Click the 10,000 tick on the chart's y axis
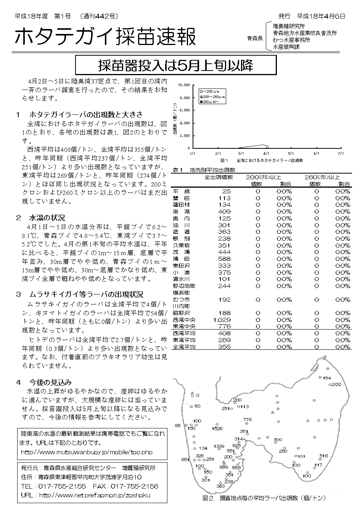pos(184,85)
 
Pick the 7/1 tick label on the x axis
pos(341,153)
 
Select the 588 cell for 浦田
pos(225,259)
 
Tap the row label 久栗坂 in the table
pos(181,245)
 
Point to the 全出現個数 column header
pos(219,177)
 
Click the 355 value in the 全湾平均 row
pos(225,347)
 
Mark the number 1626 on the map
pos(217,428)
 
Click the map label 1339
pos(219,446)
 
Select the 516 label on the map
pos(323,455)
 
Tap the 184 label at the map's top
pos(326,378)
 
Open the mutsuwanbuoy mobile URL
pos(87,452)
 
